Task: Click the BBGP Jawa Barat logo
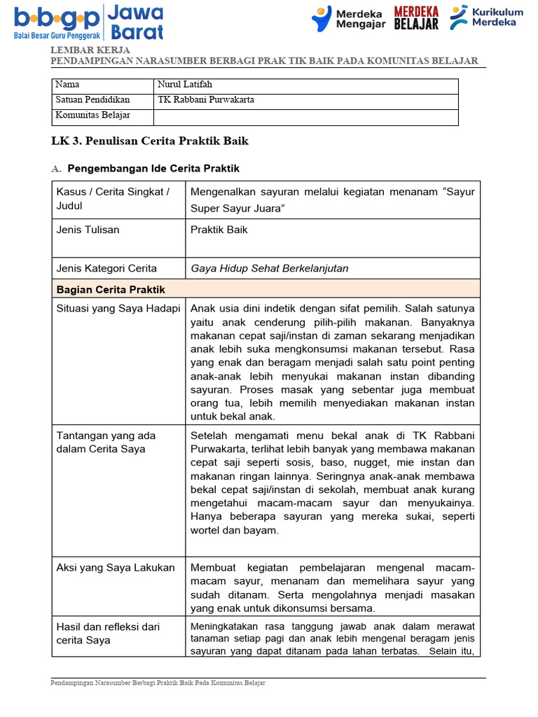pos(88,22)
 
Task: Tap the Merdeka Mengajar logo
pos(347,19)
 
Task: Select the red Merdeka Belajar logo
pos(416,18)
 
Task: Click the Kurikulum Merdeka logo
pos(486,18)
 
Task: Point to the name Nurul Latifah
pos(185,85)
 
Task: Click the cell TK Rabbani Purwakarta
pos(206,100)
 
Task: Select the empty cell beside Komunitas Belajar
pos(306,116)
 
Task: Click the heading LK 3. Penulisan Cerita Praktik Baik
pos(150,141)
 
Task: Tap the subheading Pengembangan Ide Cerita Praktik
pos(152,169)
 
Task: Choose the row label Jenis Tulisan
pos(88,230)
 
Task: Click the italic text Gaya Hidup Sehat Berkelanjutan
pos(269,268)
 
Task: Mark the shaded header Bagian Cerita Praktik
pos(111,289)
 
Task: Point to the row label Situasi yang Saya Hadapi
pos(118,309)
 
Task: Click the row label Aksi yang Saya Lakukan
pos(115,567)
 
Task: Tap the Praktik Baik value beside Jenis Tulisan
pos(219,230)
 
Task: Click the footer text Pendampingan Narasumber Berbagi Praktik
pos(158,683)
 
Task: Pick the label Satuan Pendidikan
pos(92,100)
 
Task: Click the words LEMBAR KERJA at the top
pos(90,50)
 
